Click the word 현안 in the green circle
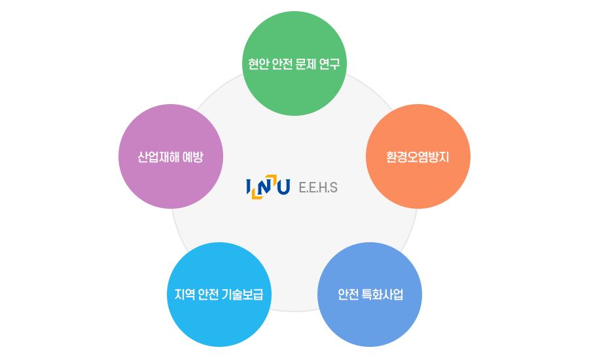click(257, 65)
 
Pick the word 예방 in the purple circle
click(192, 157)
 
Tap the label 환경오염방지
click(418, 157)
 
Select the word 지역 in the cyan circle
click(184, 295)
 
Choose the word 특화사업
click(382, 295)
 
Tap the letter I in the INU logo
click(249, 187)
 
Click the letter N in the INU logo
click(265, 187)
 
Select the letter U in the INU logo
click(283, 187)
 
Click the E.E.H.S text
click(318, 187)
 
